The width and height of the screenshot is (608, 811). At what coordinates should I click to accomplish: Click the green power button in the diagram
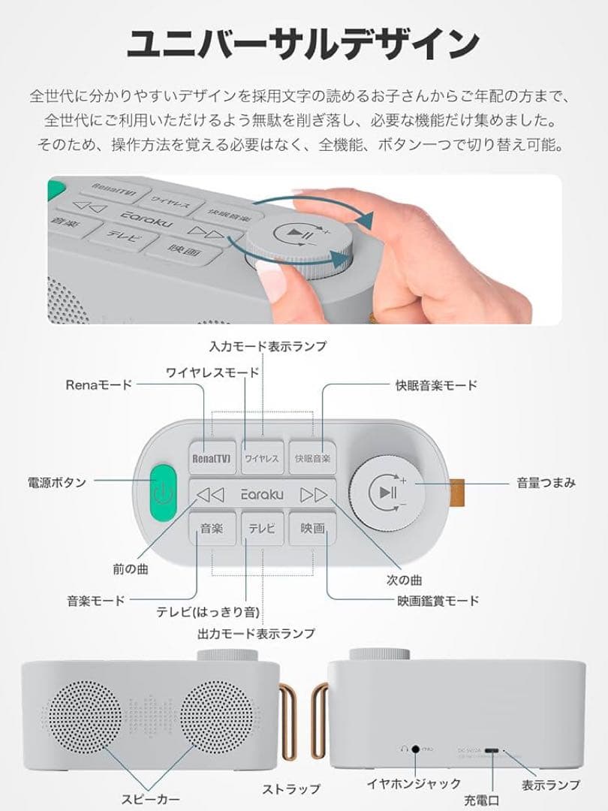161,493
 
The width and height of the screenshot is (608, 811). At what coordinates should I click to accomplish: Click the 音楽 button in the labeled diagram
212,528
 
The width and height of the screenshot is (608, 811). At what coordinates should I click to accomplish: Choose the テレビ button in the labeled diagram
262,528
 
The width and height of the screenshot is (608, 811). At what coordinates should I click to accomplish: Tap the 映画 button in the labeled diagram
312,528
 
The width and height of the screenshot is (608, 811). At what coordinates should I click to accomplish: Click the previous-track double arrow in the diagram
210,494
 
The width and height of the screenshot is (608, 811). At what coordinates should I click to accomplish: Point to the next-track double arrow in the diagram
314,494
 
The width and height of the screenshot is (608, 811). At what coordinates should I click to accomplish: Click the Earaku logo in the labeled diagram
262,494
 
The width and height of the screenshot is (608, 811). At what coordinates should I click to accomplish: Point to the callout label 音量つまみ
546,483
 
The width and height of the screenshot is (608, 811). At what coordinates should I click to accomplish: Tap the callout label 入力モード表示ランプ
267,346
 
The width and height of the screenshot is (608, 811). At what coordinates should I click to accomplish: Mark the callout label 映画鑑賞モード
438,600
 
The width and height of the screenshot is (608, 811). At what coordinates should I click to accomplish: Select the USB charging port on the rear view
492,749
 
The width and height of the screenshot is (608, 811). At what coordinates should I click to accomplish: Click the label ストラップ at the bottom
290,788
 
